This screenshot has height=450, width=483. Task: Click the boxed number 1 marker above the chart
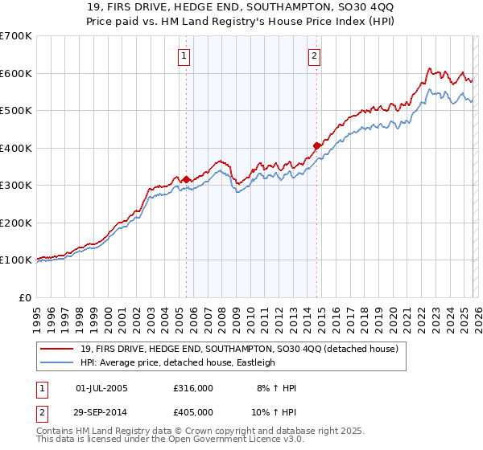(184, 56)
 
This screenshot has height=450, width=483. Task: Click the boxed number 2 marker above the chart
(313, 56)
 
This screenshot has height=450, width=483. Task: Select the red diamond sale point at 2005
(186, 179)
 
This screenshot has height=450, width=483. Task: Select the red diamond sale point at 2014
(317, 146)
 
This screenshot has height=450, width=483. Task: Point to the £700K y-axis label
(16, 36)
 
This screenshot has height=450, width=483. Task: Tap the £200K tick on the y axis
(16, 223)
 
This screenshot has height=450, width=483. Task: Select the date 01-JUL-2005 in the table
(101, 388)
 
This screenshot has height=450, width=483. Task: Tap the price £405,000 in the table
(192, 412)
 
